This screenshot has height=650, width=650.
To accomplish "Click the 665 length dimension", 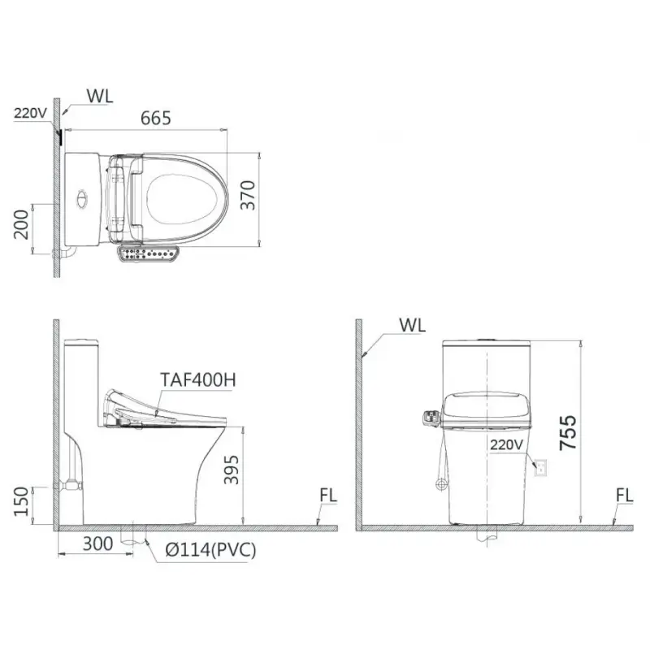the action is (x=155, y=118).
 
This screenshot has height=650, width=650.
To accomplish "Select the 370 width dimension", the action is (x=248, y=195).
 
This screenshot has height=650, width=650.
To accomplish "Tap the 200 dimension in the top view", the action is (x=21, y=224).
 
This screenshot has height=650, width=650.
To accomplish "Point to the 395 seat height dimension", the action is (x=232, y=470).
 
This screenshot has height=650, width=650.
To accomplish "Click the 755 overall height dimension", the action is (x=568, y=432).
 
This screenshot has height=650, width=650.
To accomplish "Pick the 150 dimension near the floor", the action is (x=21, y=501).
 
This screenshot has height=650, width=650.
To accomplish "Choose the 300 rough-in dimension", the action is (x=97, y=544).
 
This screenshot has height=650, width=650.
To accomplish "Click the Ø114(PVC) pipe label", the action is (x=210, y=550).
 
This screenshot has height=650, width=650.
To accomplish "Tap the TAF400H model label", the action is (x=198, y=379).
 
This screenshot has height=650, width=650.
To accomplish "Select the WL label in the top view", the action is (x=100, y=96).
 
